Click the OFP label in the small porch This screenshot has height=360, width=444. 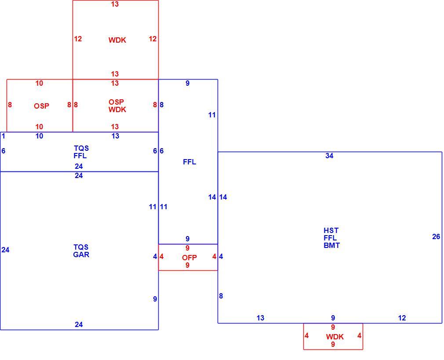[189, 258]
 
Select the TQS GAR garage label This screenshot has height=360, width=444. [81, 251]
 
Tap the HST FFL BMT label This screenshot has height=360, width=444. [331, 238]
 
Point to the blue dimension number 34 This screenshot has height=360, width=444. [329, 156]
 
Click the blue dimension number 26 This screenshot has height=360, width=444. [436, 236]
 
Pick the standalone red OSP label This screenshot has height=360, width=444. [42, 106]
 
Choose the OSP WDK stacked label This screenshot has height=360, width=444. [117, 105]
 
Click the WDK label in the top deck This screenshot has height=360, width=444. [117, 40]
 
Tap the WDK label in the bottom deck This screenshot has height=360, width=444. [335, 337]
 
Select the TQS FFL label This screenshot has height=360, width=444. [81, 152]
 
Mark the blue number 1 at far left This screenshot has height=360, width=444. [4, 136]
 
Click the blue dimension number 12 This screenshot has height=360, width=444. [402, 318]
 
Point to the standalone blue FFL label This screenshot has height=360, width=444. [189, 162]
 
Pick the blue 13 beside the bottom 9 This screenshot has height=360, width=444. [261, 318]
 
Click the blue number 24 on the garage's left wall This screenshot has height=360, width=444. [5, 250]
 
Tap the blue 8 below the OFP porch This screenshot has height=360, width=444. [221, 296]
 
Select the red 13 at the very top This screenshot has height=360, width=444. [115, 4]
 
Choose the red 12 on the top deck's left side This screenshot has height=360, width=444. [78, 39]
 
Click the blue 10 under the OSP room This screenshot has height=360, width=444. [40, 136]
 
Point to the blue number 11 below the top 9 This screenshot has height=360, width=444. [212, 115]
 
